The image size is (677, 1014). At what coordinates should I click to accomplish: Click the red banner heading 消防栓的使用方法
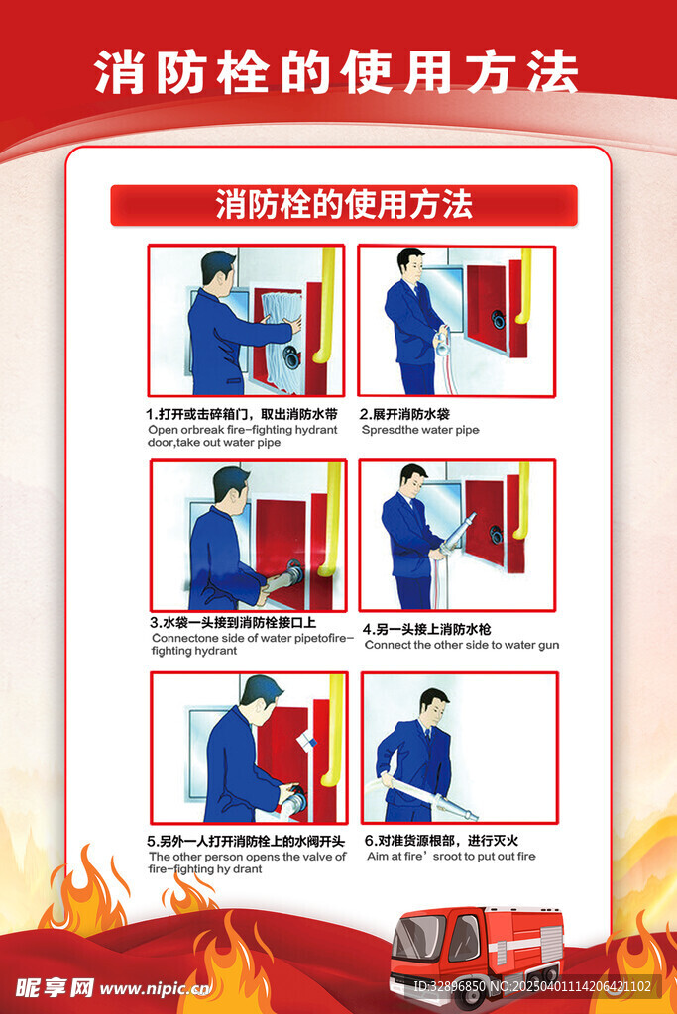(x=344, y=205)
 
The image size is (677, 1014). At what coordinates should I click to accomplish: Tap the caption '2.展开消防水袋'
(x=404, y=414)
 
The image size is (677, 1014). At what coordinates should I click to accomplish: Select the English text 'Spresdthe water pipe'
(x=420, y=430)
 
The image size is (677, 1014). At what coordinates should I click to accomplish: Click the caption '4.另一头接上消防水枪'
(x=426, y=629)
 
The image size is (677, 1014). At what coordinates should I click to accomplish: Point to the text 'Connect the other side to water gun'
(x=462, y=645)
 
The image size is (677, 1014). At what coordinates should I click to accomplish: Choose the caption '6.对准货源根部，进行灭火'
(x=441, y=840)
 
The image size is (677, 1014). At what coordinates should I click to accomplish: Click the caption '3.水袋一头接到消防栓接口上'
(x=233, y=622)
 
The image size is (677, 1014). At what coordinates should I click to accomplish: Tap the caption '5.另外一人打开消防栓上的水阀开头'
(x=246, y=841)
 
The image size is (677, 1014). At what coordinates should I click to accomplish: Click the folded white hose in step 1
(x=282, y=341)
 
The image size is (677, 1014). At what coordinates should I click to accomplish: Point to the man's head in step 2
(x=410, y=265)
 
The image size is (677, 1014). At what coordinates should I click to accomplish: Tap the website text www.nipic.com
(x=156, y=989)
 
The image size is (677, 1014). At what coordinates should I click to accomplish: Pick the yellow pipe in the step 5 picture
(x=334, y=730)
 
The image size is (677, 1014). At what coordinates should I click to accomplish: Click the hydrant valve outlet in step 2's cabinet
(x=498, y=319)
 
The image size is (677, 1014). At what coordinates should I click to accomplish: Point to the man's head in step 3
(x=232, y=489)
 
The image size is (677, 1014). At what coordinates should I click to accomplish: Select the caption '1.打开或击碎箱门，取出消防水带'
(x=242, y=414)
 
